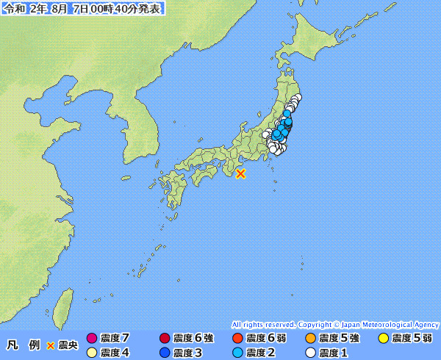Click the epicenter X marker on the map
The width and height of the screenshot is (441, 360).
pyautogui.click(x=240, y=173)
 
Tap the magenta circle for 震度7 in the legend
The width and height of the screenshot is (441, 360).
pyautogui.click(x=92, y=339)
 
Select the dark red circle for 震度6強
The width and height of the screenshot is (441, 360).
pyautogui.click(x=165, y=339)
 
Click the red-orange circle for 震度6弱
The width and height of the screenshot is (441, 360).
pyautogui.click(x=237, y=339)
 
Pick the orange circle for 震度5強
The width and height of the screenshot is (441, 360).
pyautogui.click(x=310, y=339)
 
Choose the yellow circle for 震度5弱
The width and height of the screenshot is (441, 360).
pyautogui.click(x=383, y=339)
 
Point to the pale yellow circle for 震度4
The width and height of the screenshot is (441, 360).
pyautogui.click(x=92, y=353)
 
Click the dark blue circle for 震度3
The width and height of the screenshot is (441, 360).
pyautogui.click(x=165, y=353)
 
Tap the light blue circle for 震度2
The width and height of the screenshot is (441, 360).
pyautogui.click(x=237, y=353)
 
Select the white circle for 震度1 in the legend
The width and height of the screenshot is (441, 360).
pyautogui.click(x=310, y=353)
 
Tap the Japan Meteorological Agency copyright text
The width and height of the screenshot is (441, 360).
pyautogui.click(x=335, y=324)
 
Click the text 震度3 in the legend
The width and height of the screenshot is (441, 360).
pyautogui.click(x=187, y=353)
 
